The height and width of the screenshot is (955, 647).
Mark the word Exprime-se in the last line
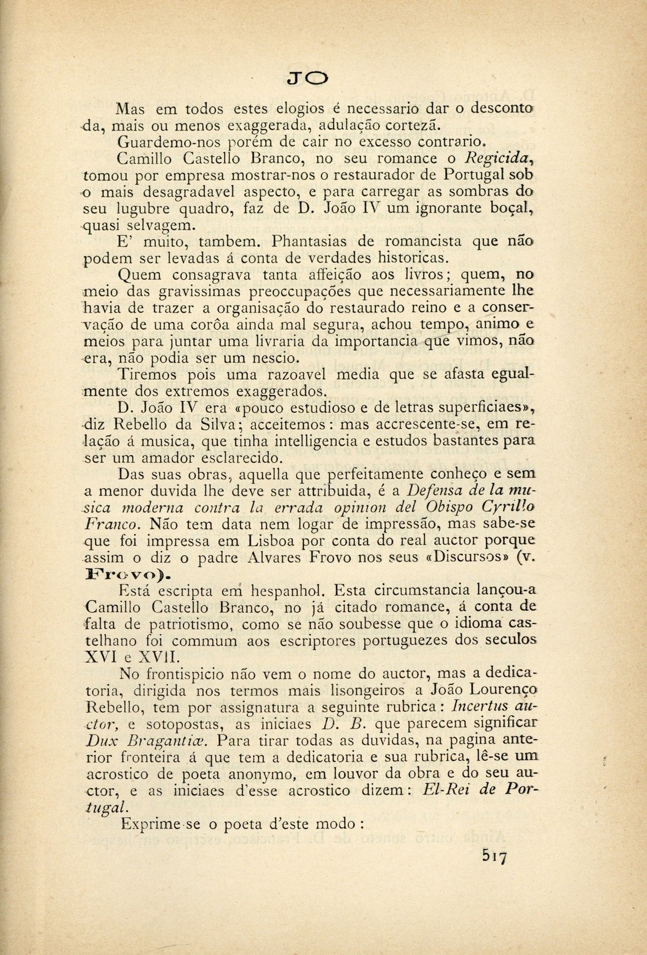159,824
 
